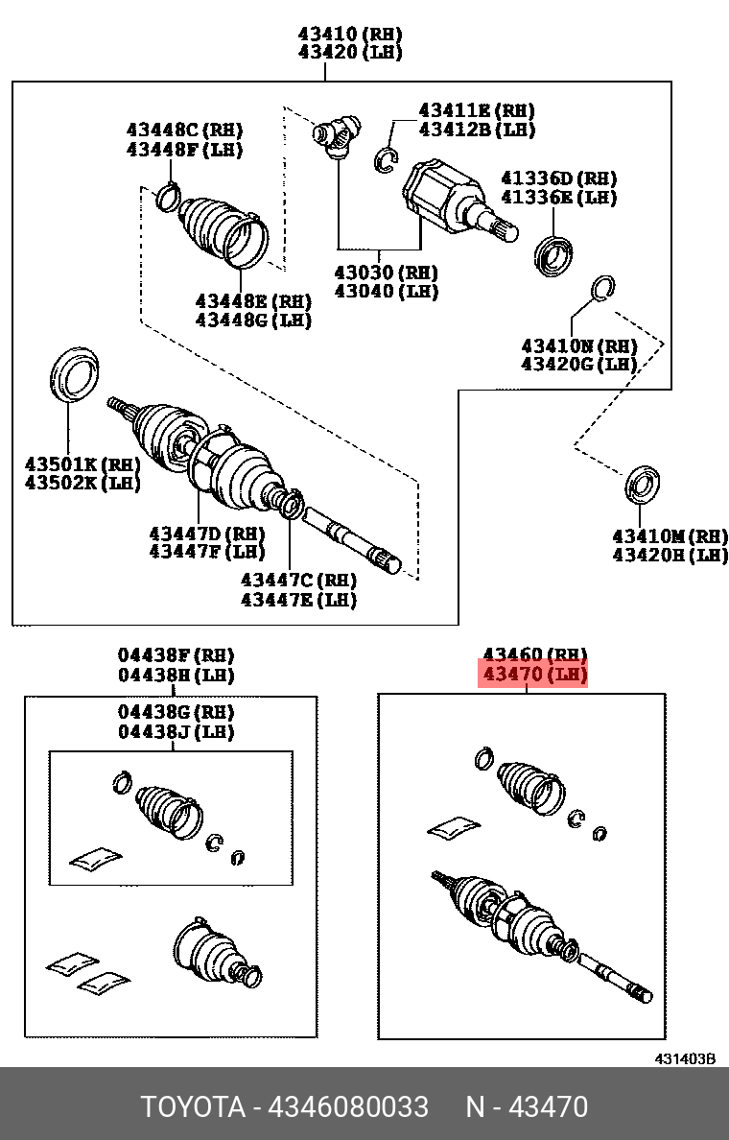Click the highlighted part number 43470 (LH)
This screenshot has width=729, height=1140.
pyautogui.click(x=533, y=675)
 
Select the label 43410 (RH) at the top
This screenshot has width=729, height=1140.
pyautogui.click(x=349, y=33)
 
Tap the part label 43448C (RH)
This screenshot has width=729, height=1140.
pyautogui.click(x=184, y=130)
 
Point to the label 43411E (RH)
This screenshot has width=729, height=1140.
pyautogui.click(x=476, y=110)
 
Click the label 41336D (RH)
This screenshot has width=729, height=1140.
pyautogui.click(x=558, y=178)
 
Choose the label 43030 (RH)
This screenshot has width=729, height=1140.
pyautogui.click(x=386, y=272)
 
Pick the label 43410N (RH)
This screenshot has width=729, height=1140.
pyautogui.click(x=579, y=344)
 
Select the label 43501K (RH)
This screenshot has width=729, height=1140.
pyautogui.click(x=82, y=464)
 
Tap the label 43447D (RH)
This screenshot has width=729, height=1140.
pyautogui.click(x=206, y=532)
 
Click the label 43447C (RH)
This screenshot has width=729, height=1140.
pyautogui.click(x=297, y=580)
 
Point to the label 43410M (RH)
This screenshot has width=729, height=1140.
pyautogui.click(x=670, y=535)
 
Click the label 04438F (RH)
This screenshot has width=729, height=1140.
pyautogui.click(x=176, y=654)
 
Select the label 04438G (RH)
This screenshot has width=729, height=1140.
pyautogui.click(x=176, y=712)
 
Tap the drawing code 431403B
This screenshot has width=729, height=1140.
pyautogui.click(x=685, y=1058)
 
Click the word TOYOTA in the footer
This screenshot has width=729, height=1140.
pyautogui.click(x=193, y=1106)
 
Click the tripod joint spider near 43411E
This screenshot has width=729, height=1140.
pyautogui.click(x=337, y=132)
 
